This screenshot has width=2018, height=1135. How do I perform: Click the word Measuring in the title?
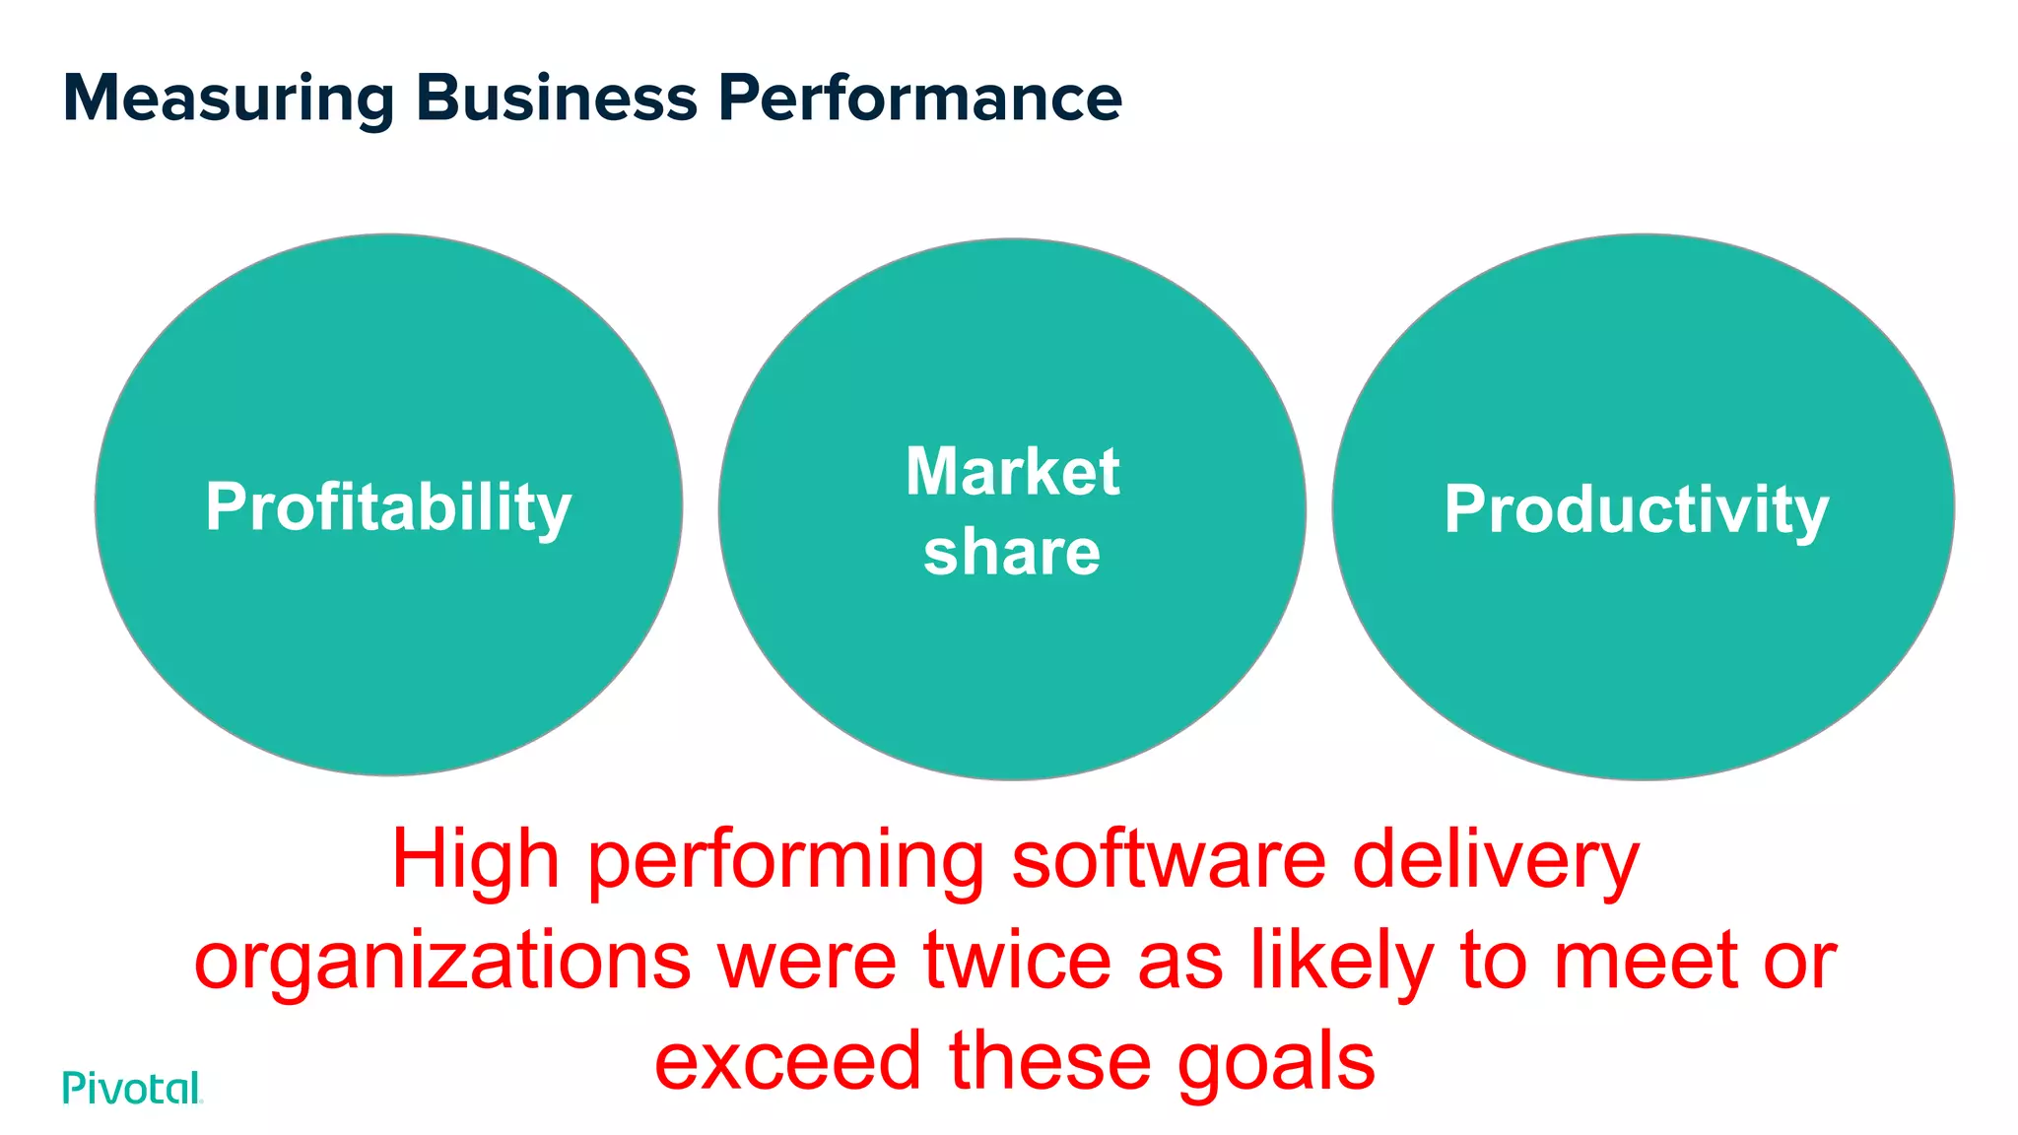tap(229, 99)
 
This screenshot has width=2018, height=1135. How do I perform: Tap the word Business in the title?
tap(557, 99)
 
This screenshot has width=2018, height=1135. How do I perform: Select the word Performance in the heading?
tap(919, 99)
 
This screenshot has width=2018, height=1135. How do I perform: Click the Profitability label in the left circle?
tap(388, 508)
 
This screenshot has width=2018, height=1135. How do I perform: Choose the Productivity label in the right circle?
tap(1636, 510)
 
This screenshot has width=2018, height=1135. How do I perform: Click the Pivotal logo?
tap(132, 1088)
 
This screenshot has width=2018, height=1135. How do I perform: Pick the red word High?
tap(476, 861)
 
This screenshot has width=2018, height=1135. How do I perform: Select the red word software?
tap(1169, 861)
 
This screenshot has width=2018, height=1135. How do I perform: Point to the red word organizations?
tap(442, 964)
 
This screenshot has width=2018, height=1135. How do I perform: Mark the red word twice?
tap(1017, 962)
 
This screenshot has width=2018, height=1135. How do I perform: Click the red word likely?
tap(1342, 964)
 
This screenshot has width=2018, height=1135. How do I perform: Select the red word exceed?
tap(787, 1062)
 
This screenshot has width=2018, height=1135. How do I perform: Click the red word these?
tap(1049, 1062)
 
